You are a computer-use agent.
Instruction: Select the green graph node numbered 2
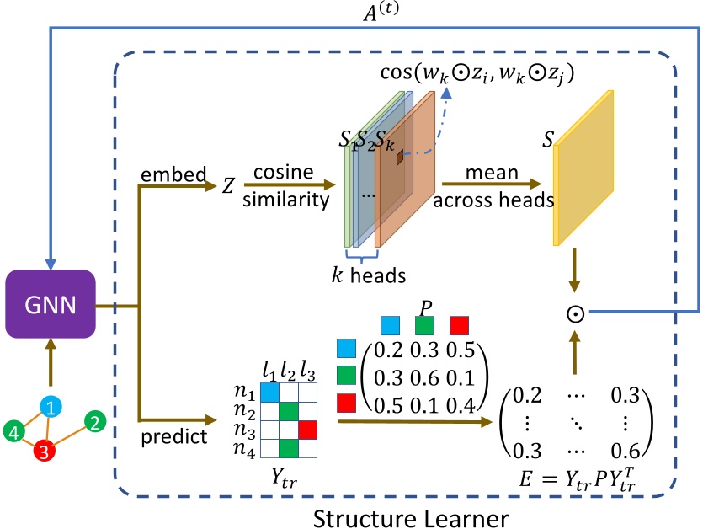(95, 422)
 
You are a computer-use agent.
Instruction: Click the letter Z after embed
(227, 186)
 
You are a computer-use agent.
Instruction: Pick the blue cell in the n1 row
(269, 393)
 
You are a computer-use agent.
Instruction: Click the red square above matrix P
(458, 324)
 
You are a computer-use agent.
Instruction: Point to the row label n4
(245, 449)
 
